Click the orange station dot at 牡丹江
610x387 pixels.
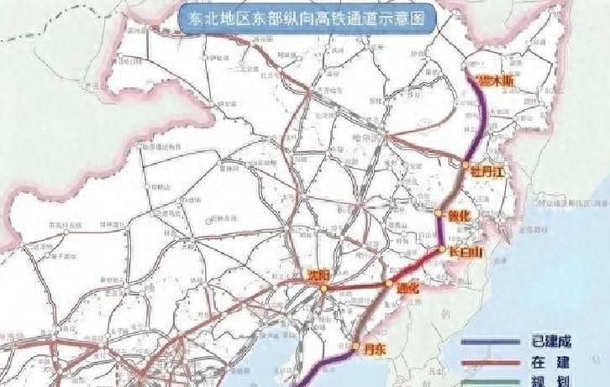tap(465, 165)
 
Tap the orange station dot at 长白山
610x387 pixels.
tap(443, 248)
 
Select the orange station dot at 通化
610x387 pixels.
tap(388, 285)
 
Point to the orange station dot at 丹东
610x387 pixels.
tap(356, 346)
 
